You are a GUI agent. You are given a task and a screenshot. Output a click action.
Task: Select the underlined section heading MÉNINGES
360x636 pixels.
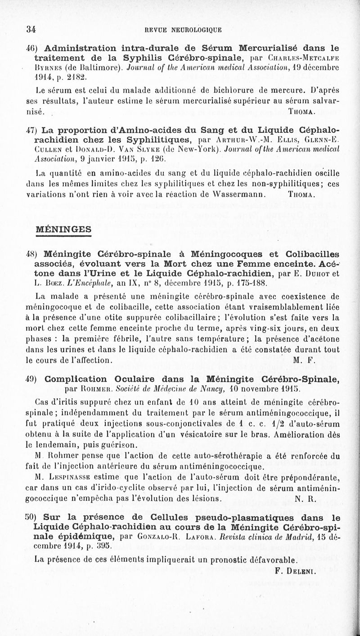coord(63,229)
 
